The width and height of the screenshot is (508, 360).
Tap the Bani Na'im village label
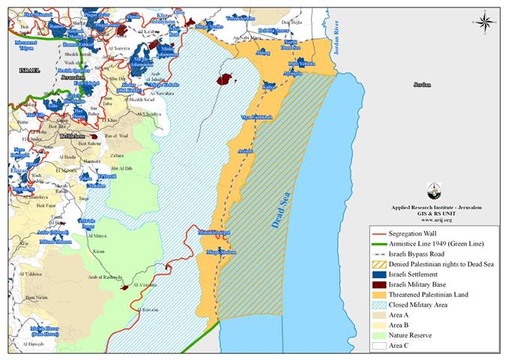[x=28, y=298]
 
